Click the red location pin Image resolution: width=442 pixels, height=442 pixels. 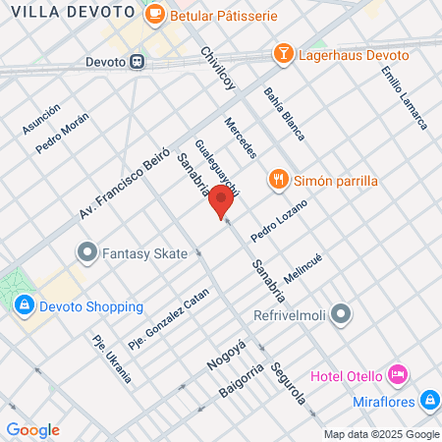click(x=221, y=201)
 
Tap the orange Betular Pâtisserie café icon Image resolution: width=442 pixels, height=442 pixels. click(x=154, y=15)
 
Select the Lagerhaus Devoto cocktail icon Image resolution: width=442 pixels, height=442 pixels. click(x=282, y=54)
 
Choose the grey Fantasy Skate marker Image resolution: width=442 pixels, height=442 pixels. click(x=86, y=253)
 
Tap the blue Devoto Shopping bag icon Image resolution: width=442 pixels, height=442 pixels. click(x=24, y=304)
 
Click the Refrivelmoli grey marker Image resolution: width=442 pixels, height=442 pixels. click(x=341, y=314)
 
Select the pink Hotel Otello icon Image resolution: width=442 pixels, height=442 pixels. click(x=397, y=374)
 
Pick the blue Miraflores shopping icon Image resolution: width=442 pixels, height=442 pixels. click(x=428, y=400)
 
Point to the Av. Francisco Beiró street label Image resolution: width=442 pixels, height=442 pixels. click(x=125, y=184)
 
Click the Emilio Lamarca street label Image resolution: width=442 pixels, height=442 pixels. click(x=405, y=97)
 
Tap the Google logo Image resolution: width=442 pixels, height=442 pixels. click(x=32, y=429)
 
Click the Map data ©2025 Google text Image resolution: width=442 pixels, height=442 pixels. click(x=382, y=434)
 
